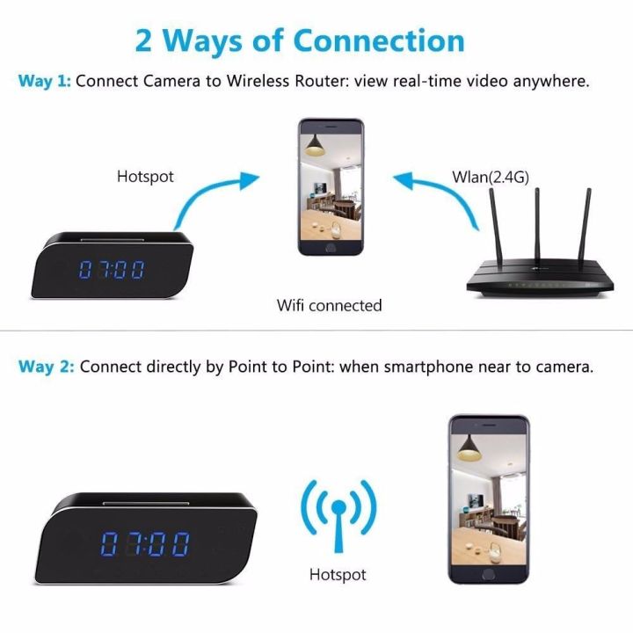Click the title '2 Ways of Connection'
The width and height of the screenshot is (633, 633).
(300, 40)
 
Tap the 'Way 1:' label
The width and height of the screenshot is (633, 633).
(44, 81)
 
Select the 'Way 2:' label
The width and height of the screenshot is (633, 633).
(46, 367)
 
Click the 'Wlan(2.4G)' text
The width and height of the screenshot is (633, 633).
(491, 177)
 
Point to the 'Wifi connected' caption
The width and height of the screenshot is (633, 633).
(329, 306)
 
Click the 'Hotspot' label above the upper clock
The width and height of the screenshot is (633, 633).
(145, 177)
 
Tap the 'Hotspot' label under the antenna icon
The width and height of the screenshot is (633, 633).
(338, 575)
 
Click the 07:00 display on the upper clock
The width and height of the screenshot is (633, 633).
(112, 269)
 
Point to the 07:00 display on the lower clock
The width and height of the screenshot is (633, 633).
(144, 545)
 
